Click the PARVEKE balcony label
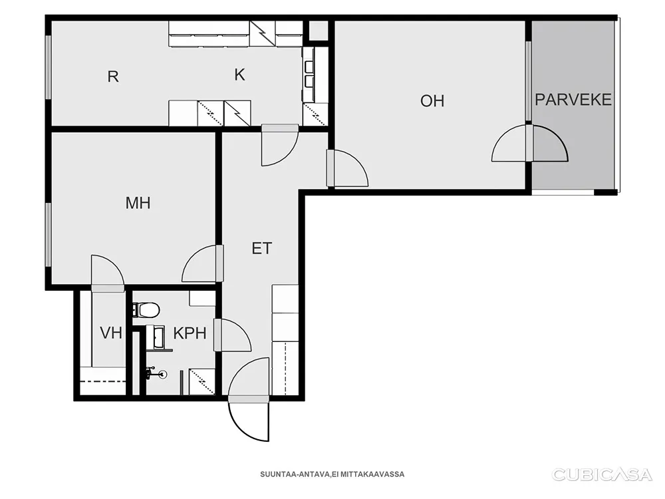(573, 100)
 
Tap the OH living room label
(432, 101)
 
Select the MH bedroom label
(138, 203)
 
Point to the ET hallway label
(261, 248)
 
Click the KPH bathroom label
(190, 333)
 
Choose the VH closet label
(111, 333)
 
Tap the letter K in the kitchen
(239, 75)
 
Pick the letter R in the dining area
(113, 77)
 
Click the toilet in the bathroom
(146, 310)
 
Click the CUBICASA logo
(602, 474)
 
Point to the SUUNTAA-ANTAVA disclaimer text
(332, 474)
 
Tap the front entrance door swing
(249, 420)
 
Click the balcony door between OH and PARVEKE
(530, 143)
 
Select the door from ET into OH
(347, 168)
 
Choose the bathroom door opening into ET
(232, 335)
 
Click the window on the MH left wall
(49, 235)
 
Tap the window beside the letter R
(49, 67)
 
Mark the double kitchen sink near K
(309, 74)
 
